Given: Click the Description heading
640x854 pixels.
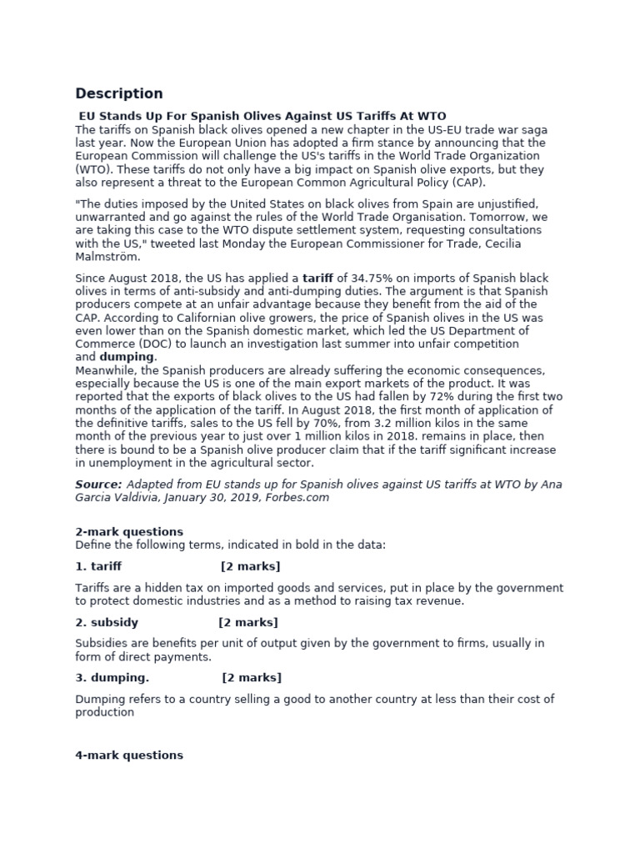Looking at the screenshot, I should point(119,93).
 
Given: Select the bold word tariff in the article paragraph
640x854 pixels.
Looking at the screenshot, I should point(317,278).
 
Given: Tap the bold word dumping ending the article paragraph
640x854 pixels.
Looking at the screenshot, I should point(127,357).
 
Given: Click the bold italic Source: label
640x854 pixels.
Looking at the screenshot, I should point(98,485).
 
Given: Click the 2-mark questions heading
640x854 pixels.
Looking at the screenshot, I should point(129,531).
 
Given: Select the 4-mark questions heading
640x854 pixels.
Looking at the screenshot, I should point(129,755).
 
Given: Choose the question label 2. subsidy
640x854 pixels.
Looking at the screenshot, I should point(107,622).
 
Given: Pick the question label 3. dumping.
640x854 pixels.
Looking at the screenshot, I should point(112,677).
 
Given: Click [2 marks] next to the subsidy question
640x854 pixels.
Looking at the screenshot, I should point(248,622).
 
